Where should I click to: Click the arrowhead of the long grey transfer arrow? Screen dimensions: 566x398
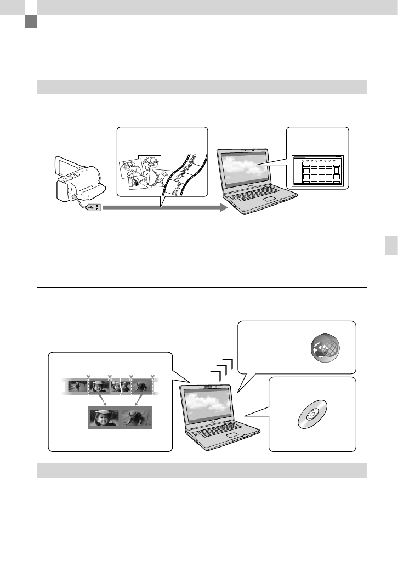click(222, 208)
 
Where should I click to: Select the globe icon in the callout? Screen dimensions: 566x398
click(325, 347)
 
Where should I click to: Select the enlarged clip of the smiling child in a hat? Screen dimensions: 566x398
click(104, 417)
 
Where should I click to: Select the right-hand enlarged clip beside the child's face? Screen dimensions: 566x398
click(137, 417)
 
